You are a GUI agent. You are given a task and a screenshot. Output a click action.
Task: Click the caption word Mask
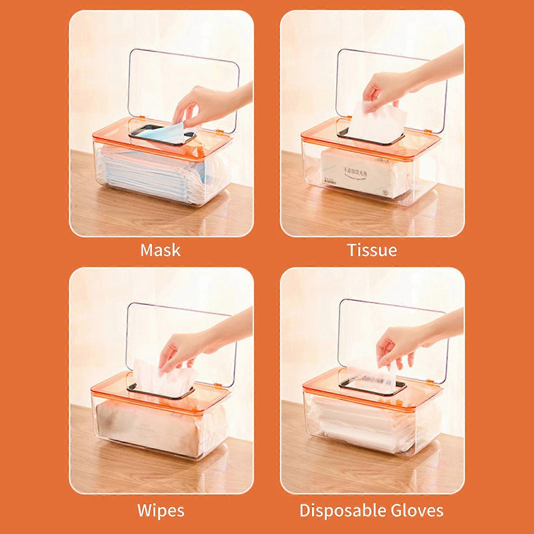[x=161, y=250]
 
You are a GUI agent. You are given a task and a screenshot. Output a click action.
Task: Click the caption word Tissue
[x=372, y=250]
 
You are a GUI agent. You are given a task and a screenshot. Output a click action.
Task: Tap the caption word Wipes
[x=161, y=510]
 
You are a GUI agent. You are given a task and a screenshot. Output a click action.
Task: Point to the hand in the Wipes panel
[x=187, y=347]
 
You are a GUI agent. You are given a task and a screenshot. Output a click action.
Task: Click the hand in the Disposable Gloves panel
[x=397, y=344]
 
